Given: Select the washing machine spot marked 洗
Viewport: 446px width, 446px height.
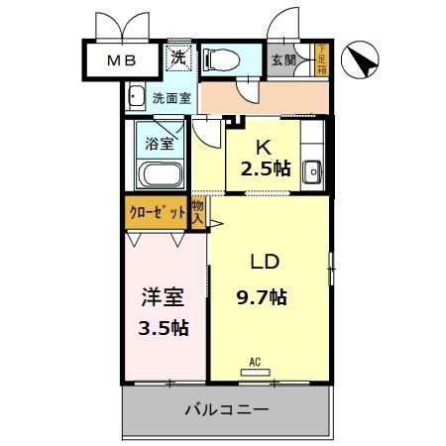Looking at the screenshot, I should (178, 58).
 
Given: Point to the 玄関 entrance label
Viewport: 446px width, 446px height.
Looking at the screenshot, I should (283, 60).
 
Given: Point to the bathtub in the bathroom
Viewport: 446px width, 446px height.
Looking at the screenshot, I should (159, 176).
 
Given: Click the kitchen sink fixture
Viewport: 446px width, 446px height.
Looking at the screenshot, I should (311, 171).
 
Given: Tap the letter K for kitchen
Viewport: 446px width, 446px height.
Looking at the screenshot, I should (264, 144).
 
